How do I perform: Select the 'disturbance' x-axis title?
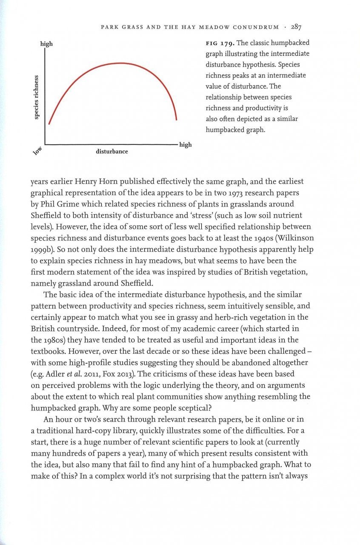(111, 151)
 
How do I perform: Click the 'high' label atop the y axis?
(46, 44)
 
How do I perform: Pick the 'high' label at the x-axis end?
(186, 145)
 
